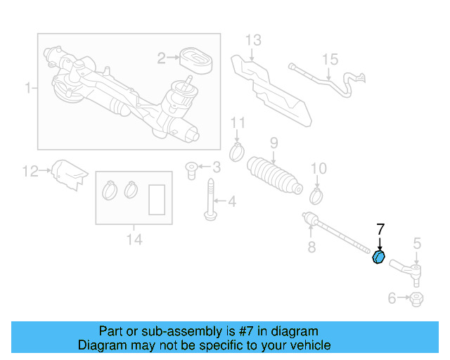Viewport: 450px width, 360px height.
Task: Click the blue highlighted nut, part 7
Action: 378,257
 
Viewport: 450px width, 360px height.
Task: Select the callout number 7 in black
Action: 380,229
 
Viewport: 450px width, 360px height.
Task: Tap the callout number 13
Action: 253,40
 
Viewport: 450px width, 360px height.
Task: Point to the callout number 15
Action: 330,60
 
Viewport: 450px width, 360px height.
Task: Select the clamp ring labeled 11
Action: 238,150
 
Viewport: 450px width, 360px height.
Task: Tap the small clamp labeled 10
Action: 317,193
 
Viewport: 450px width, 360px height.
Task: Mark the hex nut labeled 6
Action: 416,299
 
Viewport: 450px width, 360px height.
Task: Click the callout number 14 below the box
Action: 134,240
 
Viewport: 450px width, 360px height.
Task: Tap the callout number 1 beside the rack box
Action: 29,89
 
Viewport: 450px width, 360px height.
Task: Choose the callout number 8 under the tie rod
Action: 311,247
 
